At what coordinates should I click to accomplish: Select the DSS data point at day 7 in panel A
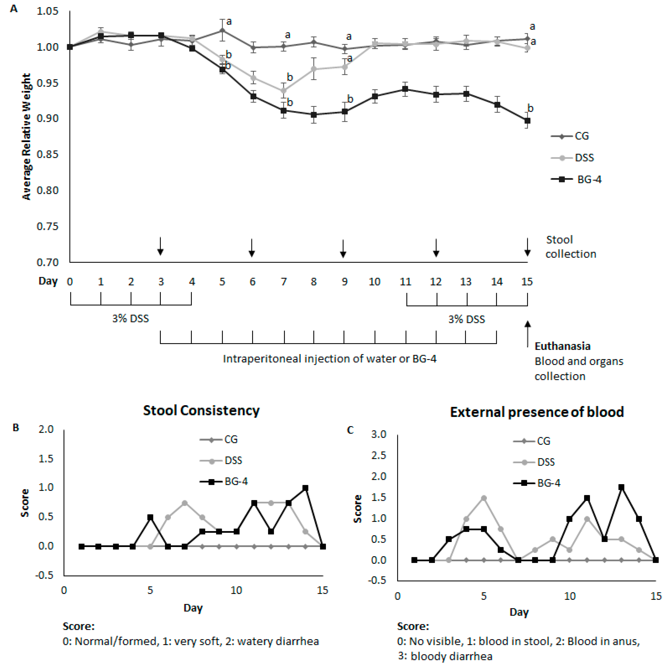point(284,91)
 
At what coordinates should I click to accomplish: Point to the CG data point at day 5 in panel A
point(222,30)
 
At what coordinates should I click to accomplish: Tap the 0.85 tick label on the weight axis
point(48,154)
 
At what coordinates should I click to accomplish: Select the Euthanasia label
point(562,346)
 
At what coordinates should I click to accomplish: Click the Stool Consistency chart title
point(201,411)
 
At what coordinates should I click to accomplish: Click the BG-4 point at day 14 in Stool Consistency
point(305,488)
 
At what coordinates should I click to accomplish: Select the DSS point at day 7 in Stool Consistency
point(185,503)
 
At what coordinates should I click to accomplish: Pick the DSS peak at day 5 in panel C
point(484,498)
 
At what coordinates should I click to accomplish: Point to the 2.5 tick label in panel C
point(379,455)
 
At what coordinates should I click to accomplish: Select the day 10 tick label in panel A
point(375,282)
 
